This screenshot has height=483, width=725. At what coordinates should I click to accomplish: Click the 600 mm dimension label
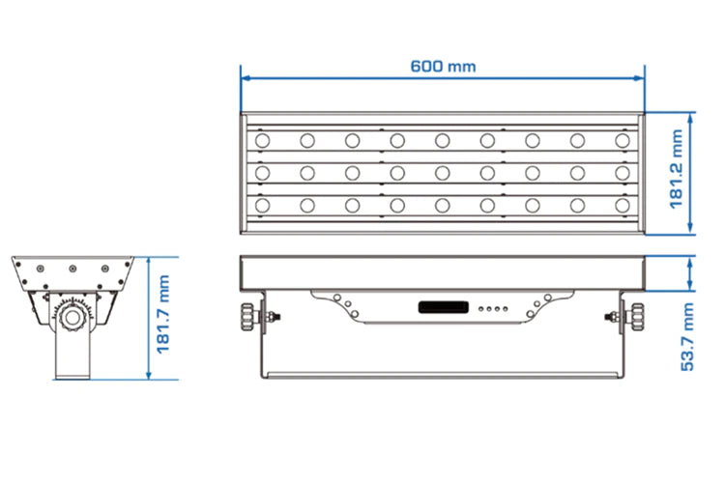click(443, 67)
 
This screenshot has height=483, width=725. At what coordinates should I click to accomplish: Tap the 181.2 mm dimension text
click(676, 169)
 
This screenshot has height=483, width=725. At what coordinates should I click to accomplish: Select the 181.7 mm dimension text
click(163, 315)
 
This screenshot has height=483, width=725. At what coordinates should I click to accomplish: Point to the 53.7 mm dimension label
click(687, 337)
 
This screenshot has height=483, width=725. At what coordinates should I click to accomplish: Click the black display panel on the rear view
click(444, 307)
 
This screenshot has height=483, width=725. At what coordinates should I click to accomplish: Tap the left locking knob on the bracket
click(247, 317)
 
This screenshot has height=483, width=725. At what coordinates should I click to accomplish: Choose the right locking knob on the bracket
click(637, 317)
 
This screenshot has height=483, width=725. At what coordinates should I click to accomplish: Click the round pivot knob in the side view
click(72, 317)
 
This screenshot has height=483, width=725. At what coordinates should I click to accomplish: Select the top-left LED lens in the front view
click(262, 140)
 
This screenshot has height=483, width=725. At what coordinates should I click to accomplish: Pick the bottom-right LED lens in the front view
click(623, 205)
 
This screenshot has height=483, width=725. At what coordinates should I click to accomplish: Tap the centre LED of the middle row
click(442, 173)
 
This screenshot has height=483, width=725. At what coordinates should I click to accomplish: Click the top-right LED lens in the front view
click(623, 140)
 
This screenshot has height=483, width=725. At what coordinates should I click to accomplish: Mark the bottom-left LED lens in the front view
click(262, 205)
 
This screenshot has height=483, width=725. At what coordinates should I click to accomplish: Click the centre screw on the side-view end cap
click(72, 269)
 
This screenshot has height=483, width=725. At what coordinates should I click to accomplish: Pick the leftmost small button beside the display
click(481, 308)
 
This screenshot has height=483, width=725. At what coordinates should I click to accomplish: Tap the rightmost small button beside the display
click(505, 308)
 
